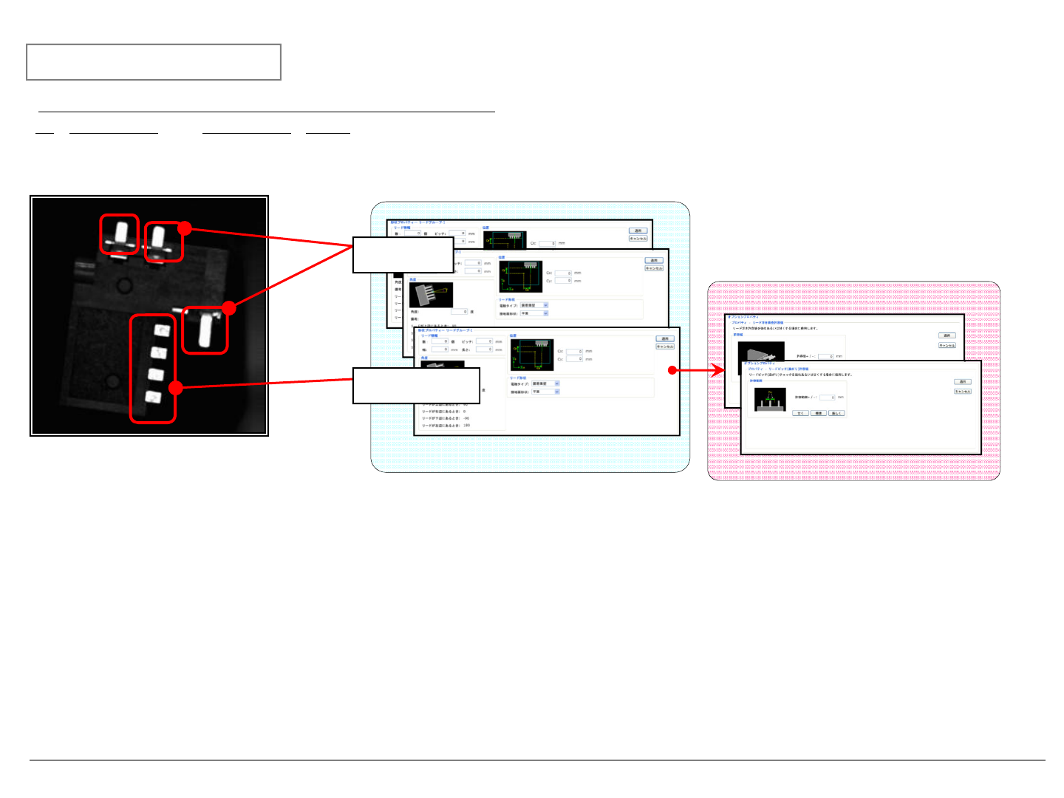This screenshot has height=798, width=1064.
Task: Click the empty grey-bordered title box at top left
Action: pyautogui.click(x=154, y=62)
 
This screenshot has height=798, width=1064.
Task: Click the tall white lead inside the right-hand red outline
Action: pyautogui.click(x=205, y=330)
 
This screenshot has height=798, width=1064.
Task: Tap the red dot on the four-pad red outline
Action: pyautogui.click(x=175, y=387)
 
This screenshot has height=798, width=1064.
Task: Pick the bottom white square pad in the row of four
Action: pyautogui.click(x=154, y=398)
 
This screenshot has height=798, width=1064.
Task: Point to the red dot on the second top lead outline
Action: pyautogui.click(x=185, y=228)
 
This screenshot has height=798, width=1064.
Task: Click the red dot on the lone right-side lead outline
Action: pyautogui.click(x=229, y=308)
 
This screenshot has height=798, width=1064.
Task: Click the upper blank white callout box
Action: pyautogui.click(x=403, y=255)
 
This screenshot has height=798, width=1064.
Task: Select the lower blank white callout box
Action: pyautogui.click(x=416, y=386)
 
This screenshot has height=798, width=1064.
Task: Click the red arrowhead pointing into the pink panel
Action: pyautogui.click(x=717, y=370)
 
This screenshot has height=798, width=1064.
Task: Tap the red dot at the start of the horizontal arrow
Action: pyautogui.click(x=672, y=370)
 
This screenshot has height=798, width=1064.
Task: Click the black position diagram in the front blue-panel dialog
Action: pyautogui.click(x=532, y=355)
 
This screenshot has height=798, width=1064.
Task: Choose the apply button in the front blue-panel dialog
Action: pyautogui.click(x=665, y=338)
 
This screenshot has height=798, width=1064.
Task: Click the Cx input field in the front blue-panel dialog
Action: pyautogui.click(x=575, y=352)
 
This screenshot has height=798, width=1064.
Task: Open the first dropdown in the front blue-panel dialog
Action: pyautogui.click(x=546, y=383)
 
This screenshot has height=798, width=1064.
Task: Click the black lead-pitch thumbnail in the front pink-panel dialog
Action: pyautogui.click(x=769, y=400)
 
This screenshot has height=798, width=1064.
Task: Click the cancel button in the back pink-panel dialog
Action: pyautogui.click(x=947, y=345)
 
